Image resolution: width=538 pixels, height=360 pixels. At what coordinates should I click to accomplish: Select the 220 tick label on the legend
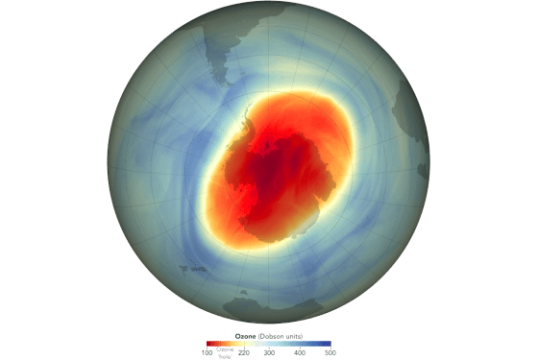tap(243, 353)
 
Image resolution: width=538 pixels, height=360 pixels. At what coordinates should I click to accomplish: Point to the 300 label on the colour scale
tap(268, 353)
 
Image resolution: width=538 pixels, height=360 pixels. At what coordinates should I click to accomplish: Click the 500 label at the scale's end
tap(330, 353)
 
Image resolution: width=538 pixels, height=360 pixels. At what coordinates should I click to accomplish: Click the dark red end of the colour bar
tap(209, 344)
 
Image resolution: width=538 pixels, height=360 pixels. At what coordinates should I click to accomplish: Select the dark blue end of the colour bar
tap(327, 344)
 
